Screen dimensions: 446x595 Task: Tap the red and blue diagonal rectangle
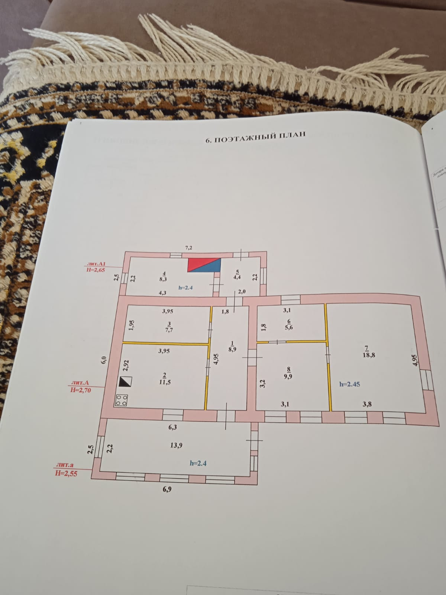coord(204,265)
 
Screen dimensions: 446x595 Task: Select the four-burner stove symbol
coord(122,400)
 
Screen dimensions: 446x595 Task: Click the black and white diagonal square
coord(125,382)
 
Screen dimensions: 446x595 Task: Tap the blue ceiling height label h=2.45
coord(350,384)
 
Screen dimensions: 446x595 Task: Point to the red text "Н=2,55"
coord(66,473)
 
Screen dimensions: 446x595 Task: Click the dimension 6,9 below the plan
coord(167,489)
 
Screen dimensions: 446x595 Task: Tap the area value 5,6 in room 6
coord(290,328)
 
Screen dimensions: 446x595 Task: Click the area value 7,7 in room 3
coord(170,329)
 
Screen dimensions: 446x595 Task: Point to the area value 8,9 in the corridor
coord(233,349)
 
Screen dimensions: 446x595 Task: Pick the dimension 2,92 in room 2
coord(126,366)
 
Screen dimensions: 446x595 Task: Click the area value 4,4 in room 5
coord(237,277)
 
